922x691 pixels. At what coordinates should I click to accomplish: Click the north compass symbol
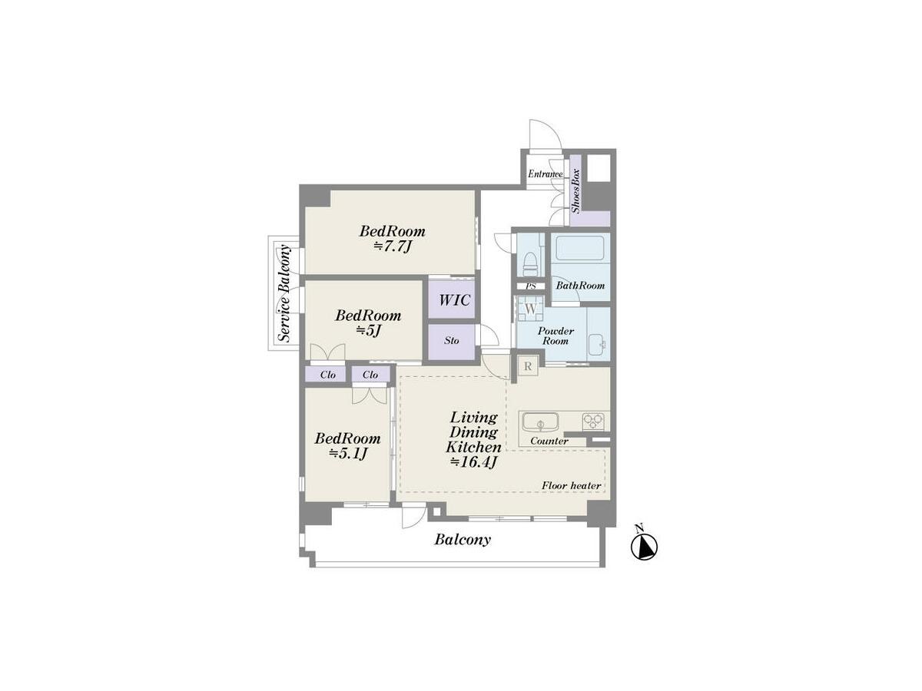click(644, 546)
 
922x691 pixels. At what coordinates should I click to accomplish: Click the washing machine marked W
click(530, 309)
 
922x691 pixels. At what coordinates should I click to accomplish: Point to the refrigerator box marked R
click(528, 366)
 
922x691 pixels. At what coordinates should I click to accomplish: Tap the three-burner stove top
click(592, 421)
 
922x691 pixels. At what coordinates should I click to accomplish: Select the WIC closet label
click(454, 300)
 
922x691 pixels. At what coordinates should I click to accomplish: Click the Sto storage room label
click(452, 340)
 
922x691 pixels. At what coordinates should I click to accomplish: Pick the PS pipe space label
click(531, 286)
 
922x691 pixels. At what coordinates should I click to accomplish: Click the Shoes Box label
click(575, 190)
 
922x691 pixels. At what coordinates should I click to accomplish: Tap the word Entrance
click(546, 174)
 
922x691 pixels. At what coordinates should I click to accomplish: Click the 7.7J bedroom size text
click(392, 246)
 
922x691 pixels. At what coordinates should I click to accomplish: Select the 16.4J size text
click(474, 461)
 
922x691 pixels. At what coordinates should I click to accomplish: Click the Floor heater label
click(572, 485)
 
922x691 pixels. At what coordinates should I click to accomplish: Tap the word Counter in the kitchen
click(549, 441)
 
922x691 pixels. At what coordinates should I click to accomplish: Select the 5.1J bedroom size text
click(348, 453)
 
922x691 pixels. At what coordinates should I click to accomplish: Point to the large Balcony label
click(463, 540)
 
